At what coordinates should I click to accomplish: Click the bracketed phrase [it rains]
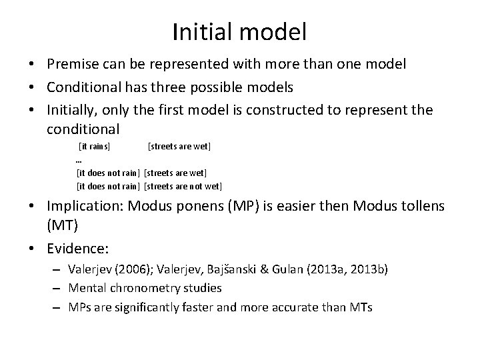[95, 145]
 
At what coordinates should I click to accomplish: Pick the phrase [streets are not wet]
[183, 186]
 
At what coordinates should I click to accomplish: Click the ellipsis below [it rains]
[79, 160]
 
